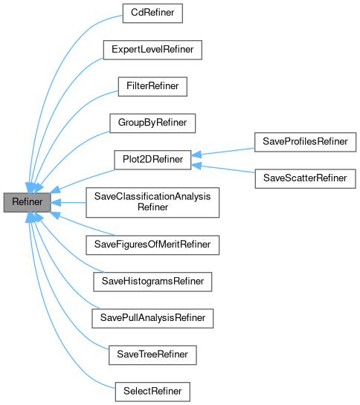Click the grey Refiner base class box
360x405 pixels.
coord(27,201)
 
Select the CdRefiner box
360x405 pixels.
coord(152,13)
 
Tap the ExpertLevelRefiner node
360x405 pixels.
coord(152,50)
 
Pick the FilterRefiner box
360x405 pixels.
coord(152,86)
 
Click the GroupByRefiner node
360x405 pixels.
coord(152,123)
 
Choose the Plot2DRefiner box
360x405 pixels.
coord(152,159)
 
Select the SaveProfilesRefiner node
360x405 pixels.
coord(300,140)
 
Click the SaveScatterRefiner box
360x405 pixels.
coord(300,178)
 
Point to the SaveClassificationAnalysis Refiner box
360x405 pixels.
coord(152,201)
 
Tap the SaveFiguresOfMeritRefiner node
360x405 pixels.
coord(152,244)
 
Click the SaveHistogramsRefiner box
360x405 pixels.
coord(152,281)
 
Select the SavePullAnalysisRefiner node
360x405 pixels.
coord(152,317)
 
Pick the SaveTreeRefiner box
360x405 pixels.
coord(152,354)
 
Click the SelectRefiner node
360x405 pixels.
coord(152,390)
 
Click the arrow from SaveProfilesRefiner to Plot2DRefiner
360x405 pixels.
coord(223,152)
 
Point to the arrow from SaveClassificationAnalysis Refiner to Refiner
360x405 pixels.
coord(71,201)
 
